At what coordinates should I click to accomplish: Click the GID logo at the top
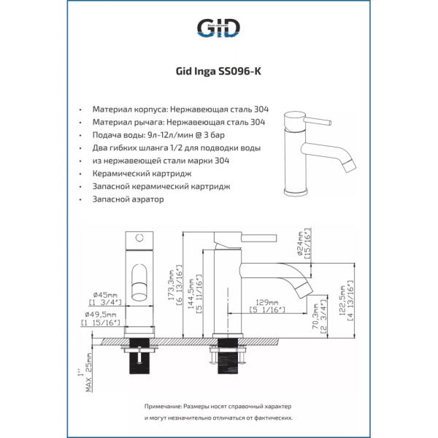point(218,28)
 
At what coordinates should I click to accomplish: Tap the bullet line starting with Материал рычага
point(178,123)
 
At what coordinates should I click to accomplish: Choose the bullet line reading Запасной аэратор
point(128,199)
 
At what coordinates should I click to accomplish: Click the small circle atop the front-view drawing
point(139,239)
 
